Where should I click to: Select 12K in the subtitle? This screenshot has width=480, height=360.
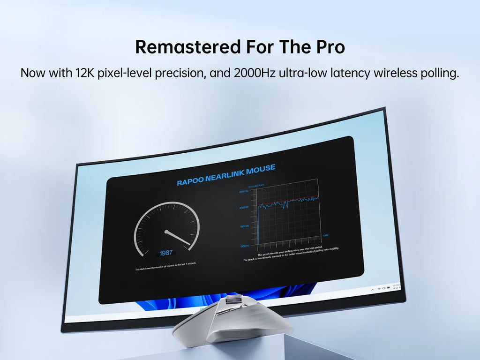pos(85,73)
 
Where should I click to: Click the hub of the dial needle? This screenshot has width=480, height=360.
pos(165,231)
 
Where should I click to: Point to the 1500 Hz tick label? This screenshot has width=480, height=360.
pos(245,226)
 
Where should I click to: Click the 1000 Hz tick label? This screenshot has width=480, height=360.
pos(245,246)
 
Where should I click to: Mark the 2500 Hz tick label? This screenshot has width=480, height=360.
pos(244,192)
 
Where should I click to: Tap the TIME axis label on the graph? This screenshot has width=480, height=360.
pos(325,235)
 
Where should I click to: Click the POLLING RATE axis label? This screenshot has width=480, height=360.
pos(256,187)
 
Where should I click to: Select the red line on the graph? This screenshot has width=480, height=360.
pos(291,200)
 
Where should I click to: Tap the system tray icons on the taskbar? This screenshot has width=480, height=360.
pos(382,288)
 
